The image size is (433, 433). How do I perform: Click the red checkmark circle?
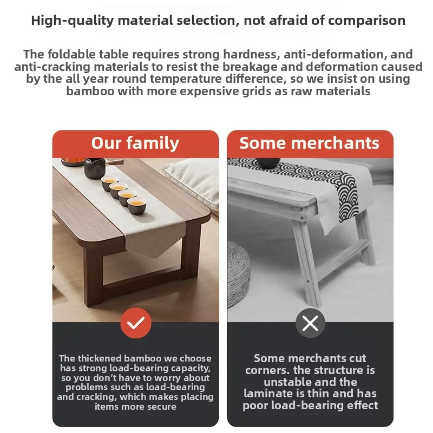tap(136, 323)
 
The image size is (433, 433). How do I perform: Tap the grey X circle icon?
tap(310, 323)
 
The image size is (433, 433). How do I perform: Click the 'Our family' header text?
tap(135, 143)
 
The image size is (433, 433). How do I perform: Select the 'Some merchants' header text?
tap(309, 143)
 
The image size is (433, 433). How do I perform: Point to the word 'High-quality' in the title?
tap(73, 21)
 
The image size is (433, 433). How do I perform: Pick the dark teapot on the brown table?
tap(95, 168)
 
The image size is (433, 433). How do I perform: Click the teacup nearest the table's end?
tap(137, 206)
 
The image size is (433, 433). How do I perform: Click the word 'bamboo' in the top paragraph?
tap(90, 91)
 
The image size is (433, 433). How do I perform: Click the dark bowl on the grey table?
tap(268, 163)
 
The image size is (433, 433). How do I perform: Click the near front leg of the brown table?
tap(94, 276)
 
